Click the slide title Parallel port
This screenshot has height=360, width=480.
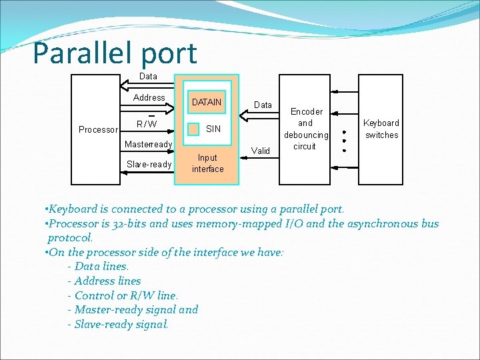(115, 53)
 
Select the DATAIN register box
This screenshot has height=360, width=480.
(207, 102)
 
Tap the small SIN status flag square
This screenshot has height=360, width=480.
(193, 128)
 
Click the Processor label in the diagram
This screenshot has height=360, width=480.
(98, 129)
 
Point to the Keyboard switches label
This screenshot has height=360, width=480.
(381, 129)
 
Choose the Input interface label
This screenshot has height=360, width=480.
(207, 163)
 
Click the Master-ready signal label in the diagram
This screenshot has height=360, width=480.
(149, 144)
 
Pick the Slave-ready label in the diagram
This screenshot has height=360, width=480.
(149, 164)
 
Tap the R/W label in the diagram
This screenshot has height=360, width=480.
(147, 123)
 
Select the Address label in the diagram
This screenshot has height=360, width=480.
(149, 97)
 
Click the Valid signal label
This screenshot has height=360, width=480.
(261, 151)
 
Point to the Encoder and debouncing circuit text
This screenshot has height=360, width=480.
(305, 129)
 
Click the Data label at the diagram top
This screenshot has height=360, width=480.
(148, 76)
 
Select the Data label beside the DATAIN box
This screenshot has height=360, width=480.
(263, 105)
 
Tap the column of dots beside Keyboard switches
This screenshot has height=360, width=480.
(344, 136)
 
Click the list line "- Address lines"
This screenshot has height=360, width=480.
(104, 281)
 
